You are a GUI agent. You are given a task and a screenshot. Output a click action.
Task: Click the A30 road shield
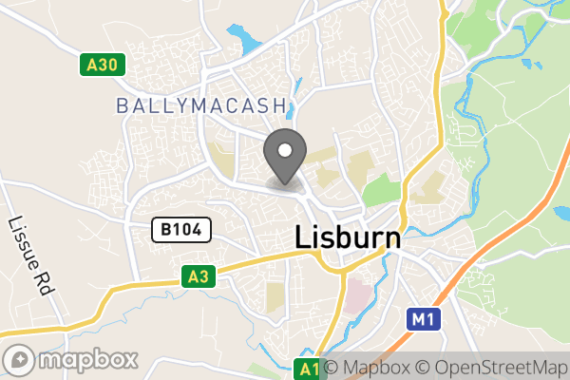(101, 65)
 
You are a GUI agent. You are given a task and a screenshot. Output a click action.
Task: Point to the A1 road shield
(307, 368)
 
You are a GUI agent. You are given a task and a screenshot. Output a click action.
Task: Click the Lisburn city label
(348, 237)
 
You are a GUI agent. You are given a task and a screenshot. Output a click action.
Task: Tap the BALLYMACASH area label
(201, 104)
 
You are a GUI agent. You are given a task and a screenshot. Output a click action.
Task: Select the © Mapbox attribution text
(367, 368)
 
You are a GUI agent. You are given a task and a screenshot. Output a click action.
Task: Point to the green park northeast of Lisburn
(381, 188)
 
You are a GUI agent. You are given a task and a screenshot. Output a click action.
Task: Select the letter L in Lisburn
(304, 237)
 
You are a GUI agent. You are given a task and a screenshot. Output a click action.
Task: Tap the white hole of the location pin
(284, 149)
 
